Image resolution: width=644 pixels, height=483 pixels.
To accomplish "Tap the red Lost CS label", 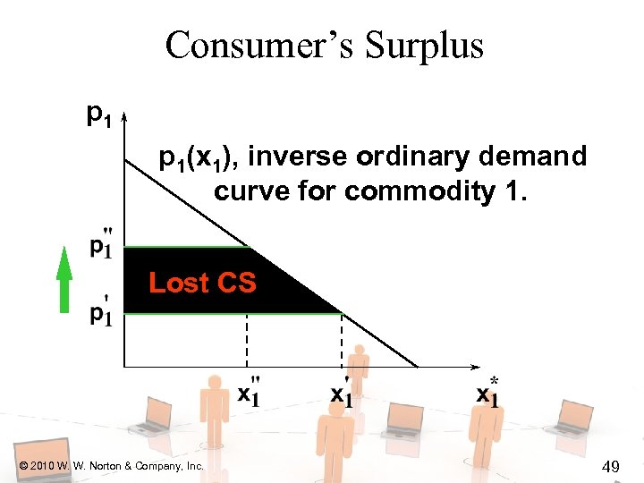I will (202, 284).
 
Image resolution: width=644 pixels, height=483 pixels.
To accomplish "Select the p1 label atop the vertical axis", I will (98, 114).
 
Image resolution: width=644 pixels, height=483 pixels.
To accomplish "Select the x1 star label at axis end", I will (487, 391).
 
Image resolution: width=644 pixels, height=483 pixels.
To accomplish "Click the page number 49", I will (611, 465).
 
